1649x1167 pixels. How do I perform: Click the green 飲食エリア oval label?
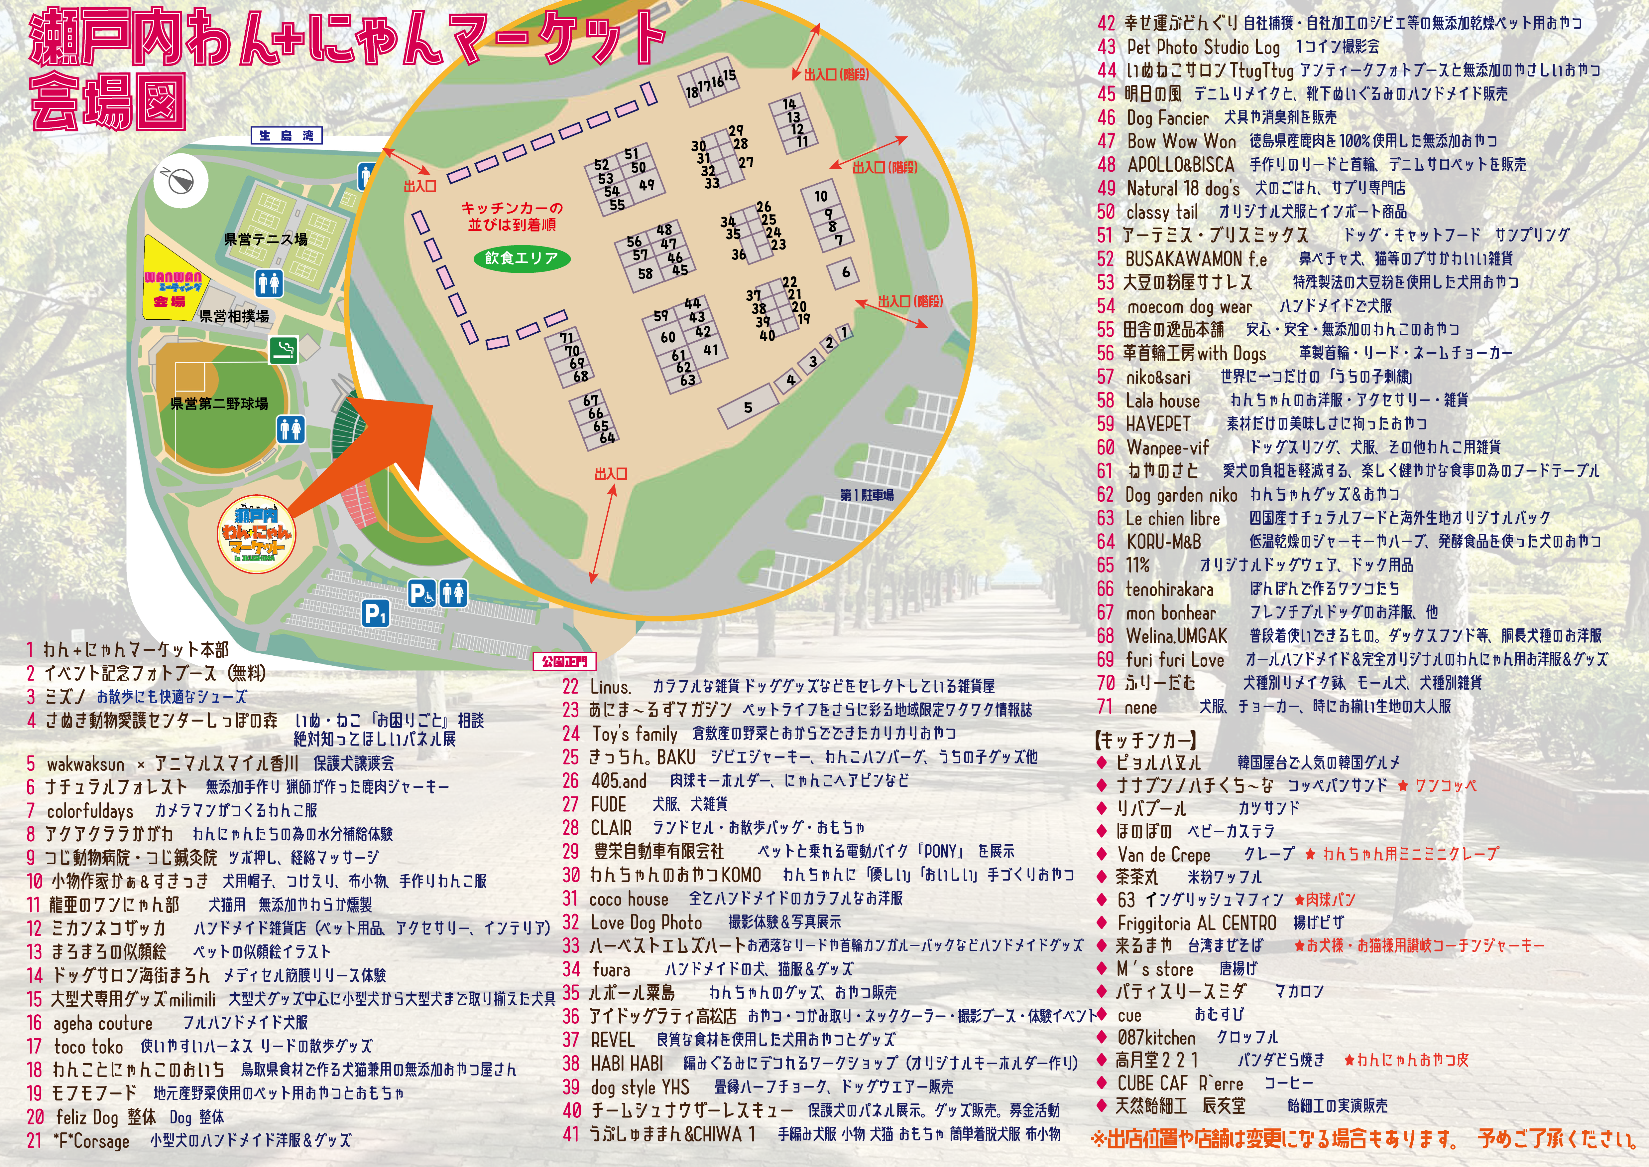click(x=522, y=258)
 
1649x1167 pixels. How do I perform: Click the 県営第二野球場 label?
click(x=219, y=404)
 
